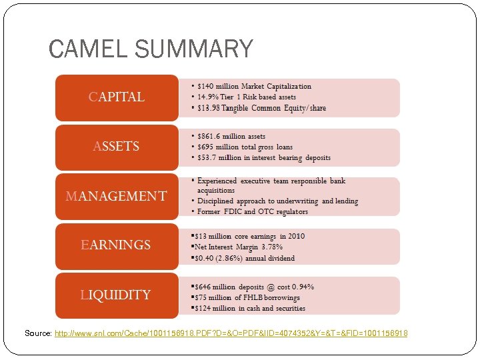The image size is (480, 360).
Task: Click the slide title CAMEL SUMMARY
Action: pyautogui.click(x=151, y=49)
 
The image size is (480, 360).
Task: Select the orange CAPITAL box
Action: pyautogui.click(x=117, y=97)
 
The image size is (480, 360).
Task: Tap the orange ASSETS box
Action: pyautogui.click(x=117, y=147)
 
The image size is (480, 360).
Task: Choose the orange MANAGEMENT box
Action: pyautogui.click(x=117, y=196)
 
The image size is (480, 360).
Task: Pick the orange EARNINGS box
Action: pyautogui.click(x=117, y=245)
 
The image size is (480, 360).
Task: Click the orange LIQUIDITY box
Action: pyautogui.click(x=117, y=295)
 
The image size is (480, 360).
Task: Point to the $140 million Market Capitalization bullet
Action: pyautogui.click(x=254, y=86)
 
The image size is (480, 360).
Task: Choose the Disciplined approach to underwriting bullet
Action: pyautogui.click(x=277, y=201)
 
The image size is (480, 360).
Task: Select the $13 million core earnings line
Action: pyautogui.click(x=250, y=236)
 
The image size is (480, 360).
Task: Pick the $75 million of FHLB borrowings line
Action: pyautogui.click(x=247, y=297)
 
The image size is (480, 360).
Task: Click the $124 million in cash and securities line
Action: pyautogui.click(x=250, y=308)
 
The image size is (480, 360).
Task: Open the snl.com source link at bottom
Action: pyautogui.click(x=231, y=333)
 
